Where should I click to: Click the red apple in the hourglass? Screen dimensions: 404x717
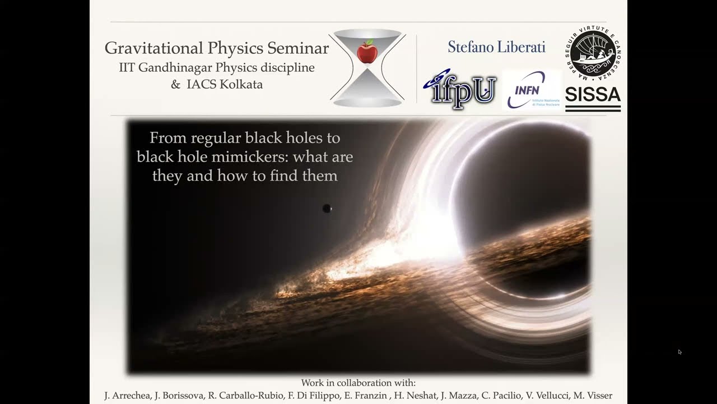367,52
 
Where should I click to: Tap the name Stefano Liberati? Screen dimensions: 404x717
496,47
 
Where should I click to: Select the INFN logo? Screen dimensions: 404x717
532,90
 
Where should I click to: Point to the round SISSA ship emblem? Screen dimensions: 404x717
593,53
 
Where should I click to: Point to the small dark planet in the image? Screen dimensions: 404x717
327,209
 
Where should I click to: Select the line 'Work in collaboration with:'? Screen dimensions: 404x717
358,383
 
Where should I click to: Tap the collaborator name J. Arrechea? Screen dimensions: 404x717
127,396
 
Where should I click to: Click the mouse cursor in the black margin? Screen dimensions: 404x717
679,352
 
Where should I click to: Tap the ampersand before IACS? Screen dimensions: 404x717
175,85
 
